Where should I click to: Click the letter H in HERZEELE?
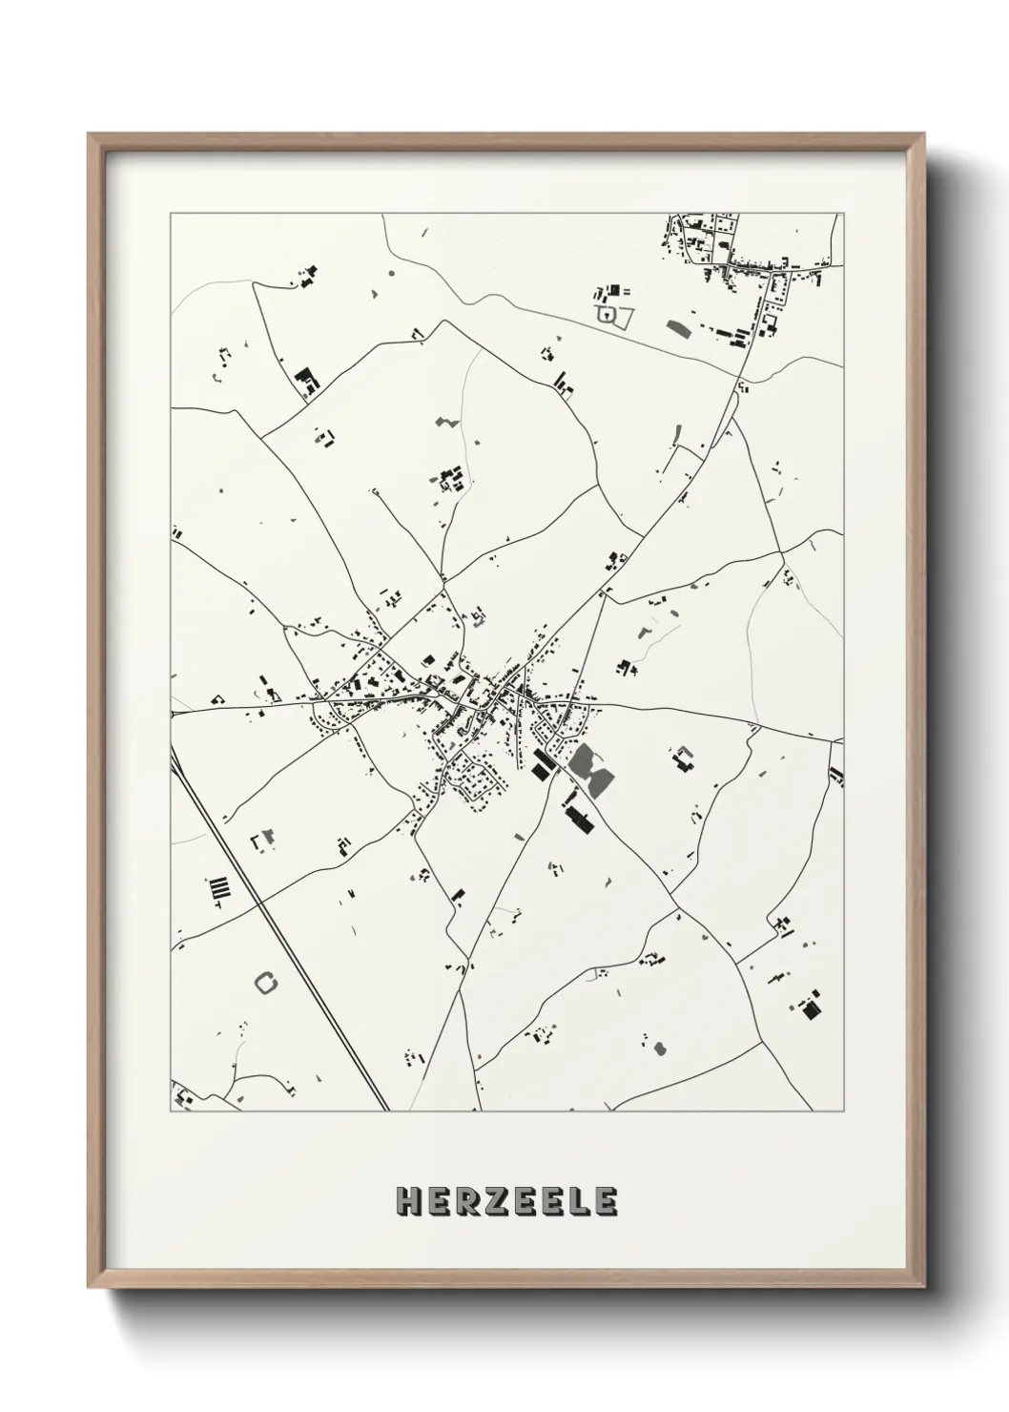coord(409,1202)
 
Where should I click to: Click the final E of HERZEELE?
coord(607,1202)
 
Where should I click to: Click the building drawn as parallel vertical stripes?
coord(220,890)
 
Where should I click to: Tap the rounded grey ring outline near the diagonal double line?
coord(266,981)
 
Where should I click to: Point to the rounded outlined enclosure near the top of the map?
coord(607,313)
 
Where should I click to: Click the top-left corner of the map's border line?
coord(171,214)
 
